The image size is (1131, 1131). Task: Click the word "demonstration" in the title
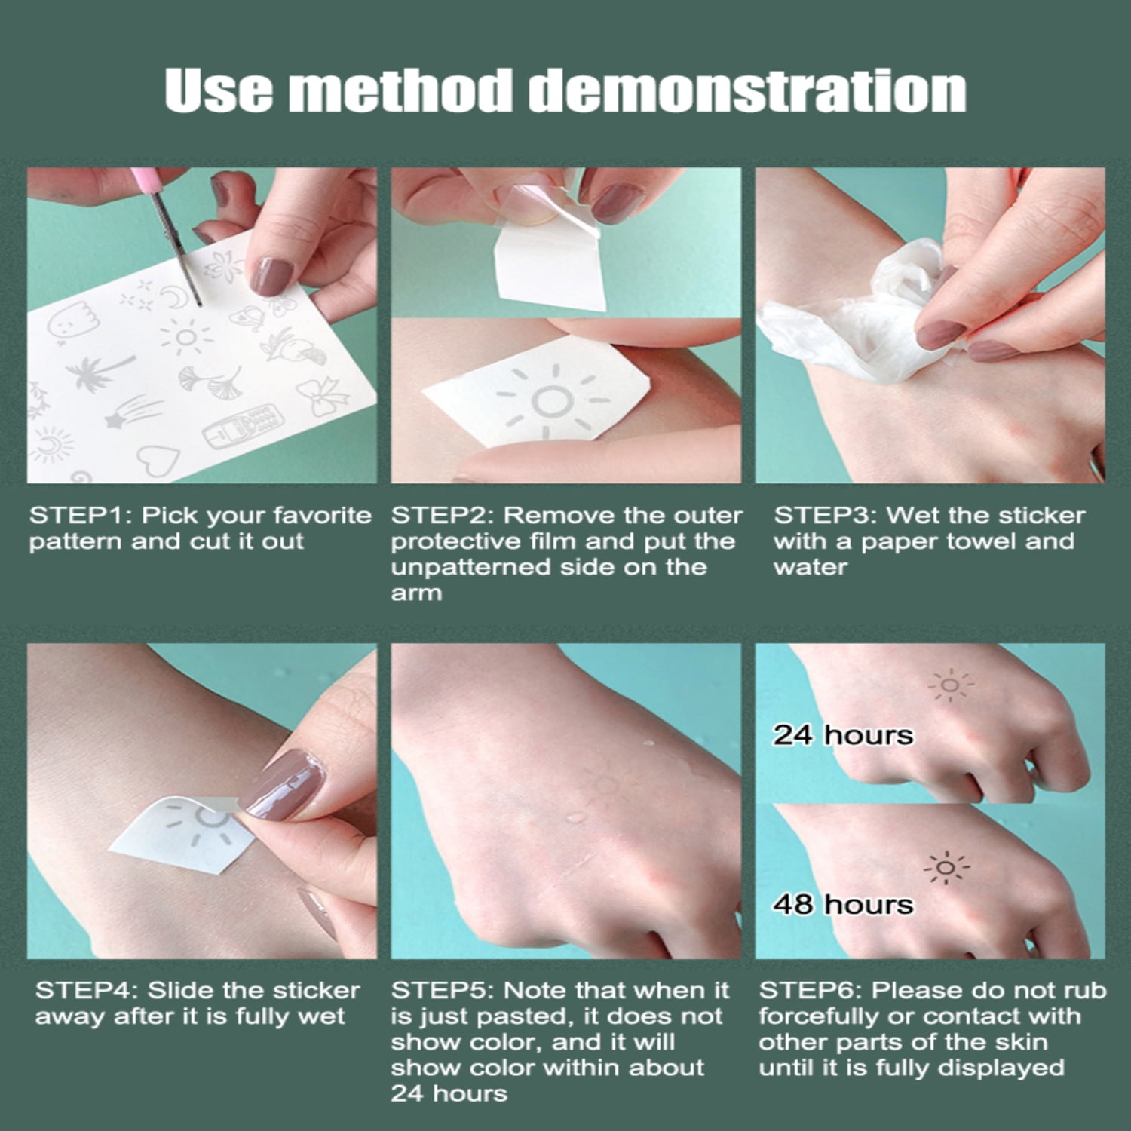point(746,91)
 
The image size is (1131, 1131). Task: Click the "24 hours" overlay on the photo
point(842,735)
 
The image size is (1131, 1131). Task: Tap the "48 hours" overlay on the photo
point(842,904)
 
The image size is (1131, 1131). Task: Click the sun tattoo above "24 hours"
point(950,685)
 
